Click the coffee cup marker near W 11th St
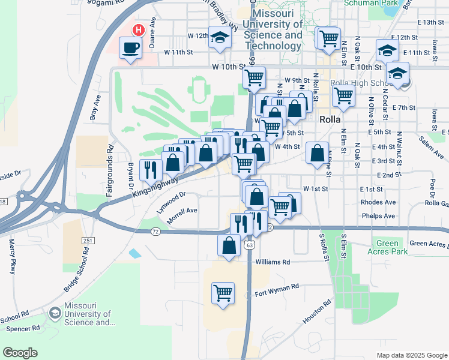coord(130,47)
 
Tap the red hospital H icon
coord(139,29)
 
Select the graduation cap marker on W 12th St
coord(220,37)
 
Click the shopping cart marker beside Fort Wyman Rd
coord(223,293)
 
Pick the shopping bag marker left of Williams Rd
coord(229,245)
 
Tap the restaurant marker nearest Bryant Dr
coord(149,170)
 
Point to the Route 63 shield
coord(249,245)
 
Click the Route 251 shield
coord(88,240)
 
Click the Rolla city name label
coord(330,119)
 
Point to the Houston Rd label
coord(316,313)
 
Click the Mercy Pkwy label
coord(12,257)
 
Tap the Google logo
coord(20,353)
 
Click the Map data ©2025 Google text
coord(411,355)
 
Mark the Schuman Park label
coord(371,3)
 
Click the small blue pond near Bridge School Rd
coord(135,253)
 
